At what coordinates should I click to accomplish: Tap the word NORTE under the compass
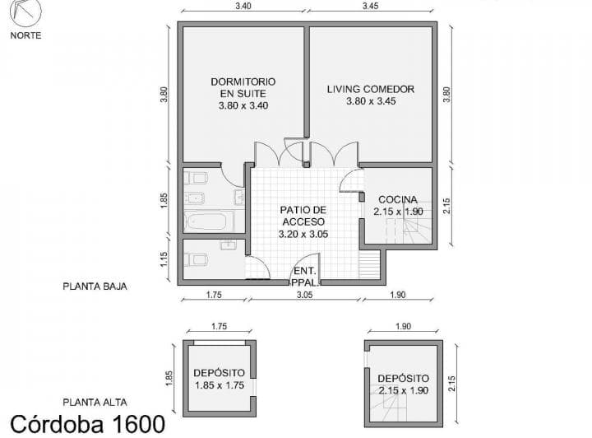click(26, 35)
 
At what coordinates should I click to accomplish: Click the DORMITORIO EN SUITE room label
click(243, 93)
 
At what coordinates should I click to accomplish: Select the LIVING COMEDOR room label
click(370, 95)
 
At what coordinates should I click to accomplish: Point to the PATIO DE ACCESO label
click(303, 221)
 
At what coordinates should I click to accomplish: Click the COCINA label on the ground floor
click(398, 205)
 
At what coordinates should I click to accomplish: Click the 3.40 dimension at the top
click(243, 6)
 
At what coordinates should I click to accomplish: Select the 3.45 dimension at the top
click(370, 6)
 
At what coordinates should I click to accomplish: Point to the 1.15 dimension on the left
click(165, 260)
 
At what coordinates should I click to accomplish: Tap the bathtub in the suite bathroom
click(209, 221)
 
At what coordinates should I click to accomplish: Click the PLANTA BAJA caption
click(94, 287)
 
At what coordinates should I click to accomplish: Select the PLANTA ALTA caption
click(94, 402)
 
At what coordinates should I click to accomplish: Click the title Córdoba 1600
click(87, 424)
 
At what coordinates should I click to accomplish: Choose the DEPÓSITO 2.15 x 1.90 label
click(402, 384)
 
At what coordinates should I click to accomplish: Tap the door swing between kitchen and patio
click(352, 182)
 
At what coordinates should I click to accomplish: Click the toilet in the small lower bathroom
click(195, 259)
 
